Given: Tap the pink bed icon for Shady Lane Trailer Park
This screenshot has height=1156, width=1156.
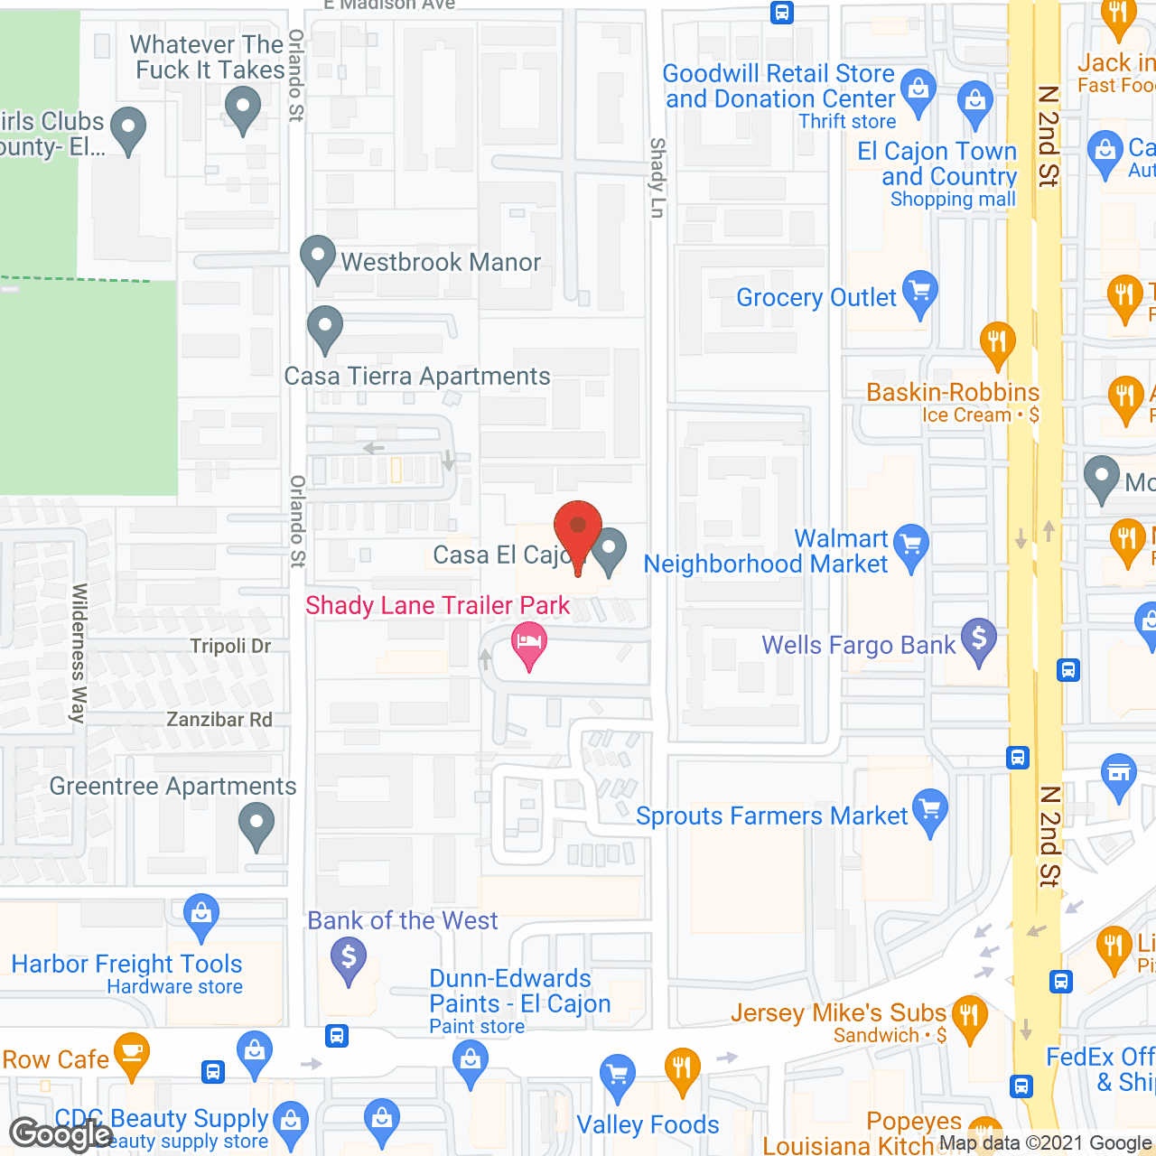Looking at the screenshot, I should [529, 643].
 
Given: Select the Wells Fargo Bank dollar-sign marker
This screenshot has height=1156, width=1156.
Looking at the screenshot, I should [979, 639].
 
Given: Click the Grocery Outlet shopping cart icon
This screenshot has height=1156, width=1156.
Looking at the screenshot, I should [920, 293].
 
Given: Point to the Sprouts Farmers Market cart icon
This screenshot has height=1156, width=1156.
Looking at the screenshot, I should [930, 810].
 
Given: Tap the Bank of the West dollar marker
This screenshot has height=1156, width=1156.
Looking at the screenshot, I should [349, 958].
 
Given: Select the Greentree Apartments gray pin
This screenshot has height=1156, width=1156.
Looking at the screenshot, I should [256, 825].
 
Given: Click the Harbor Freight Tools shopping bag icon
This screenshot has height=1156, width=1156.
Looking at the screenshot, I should [201, 916].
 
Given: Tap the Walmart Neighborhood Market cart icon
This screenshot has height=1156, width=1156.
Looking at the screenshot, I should [911, 545].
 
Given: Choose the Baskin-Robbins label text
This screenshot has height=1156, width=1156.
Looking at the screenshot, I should [953, 392].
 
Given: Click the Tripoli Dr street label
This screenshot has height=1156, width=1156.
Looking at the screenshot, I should [230, 646].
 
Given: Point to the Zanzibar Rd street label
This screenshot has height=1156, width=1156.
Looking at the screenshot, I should [219, 720].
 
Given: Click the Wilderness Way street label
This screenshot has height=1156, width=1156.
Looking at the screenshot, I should [79, 652].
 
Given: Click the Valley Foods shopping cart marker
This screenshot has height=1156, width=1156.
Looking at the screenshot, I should [618, 1076].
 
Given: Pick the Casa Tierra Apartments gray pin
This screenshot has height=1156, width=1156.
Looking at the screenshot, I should [325, 328].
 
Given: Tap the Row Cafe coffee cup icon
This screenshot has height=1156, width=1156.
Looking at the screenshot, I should [132, 1054].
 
